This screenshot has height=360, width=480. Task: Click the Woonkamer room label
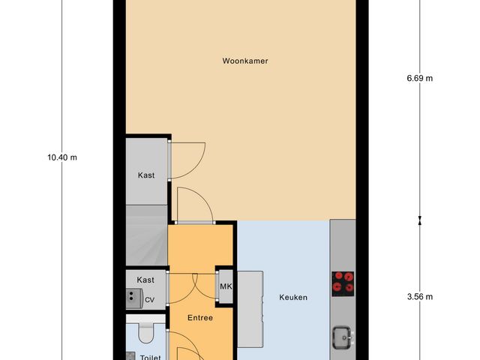(245, 61)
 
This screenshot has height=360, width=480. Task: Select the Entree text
(200, 317)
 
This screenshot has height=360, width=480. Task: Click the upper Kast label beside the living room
(146, 175)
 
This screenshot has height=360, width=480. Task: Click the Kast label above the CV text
(145, 280)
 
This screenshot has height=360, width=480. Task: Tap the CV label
(150, 300)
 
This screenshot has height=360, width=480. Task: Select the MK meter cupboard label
(225, 286)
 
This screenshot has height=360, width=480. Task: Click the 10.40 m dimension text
(62, 157)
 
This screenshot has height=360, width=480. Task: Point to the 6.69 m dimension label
(419, 77)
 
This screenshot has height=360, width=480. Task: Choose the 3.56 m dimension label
(419, 297)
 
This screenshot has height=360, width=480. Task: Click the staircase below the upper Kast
(146, 236)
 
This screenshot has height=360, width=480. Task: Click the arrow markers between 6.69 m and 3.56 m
(419, 220)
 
